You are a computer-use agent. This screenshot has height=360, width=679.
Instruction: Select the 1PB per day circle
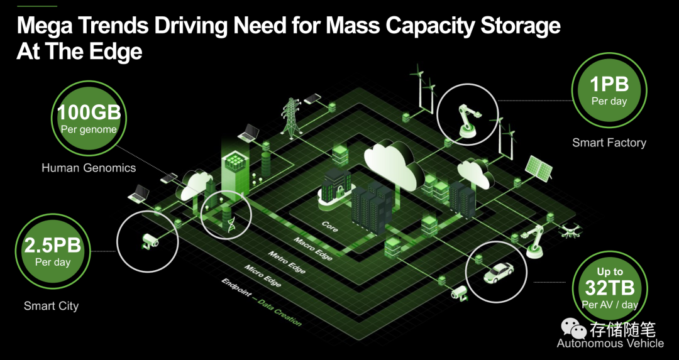609,90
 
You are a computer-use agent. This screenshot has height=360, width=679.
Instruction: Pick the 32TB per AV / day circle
609,287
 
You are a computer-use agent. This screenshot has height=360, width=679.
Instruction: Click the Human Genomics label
89,168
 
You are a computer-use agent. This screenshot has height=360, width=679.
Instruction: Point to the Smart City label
51,306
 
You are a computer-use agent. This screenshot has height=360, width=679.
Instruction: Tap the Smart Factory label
609,143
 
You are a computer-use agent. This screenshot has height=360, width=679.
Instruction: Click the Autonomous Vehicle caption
610,343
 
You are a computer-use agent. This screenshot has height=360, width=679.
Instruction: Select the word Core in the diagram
329,226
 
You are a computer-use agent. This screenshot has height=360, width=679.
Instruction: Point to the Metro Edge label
287,262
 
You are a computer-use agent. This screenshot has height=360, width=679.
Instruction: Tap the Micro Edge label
264,276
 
